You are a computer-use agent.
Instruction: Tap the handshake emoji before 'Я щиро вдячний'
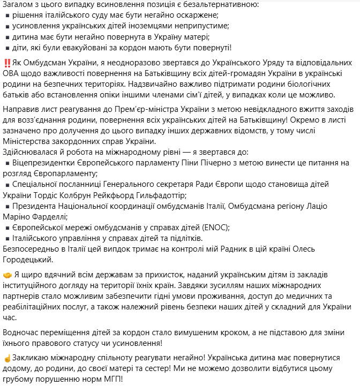pos(7,275)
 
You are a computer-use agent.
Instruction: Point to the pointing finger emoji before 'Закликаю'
pos(7,357)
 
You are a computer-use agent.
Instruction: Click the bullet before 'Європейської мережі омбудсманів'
pos(7,228)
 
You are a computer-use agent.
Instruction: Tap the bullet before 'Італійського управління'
pos(7,238)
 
